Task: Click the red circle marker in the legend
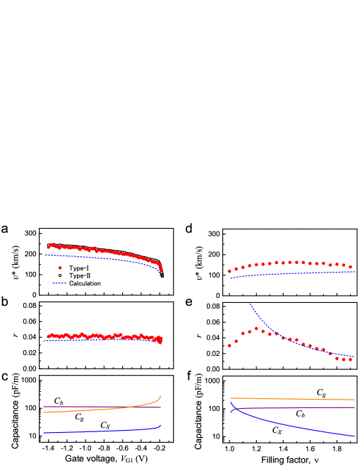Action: [60, 268]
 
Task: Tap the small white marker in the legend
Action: [60, 275]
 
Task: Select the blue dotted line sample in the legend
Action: [59, 283]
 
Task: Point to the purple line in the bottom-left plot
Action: [99, 407]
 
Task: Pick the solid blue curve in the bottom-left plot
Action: [99, 431]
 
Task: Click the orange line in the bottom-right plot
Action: [296, 399]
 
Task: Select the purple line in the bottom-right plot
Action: [296, 407]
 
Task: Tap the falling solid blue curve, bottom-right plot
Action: [296, 427]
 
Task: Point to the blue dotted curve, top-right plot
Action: [296, 273]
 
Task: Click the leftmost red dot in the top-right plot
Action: [229, 271]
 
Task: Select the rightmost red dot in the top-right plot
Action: [351, 267]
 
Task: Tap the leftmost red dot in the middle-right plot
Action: [229, 346]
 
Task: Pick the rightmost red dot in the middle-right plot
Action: [351, 359]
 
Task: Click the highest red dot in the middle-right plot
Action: [256, 328]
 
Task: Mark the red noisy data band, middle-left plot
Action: [99, 336]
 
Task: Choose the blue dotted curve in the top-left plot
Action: [99, 258]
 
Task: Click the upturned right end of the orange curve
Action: [160, 398]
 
